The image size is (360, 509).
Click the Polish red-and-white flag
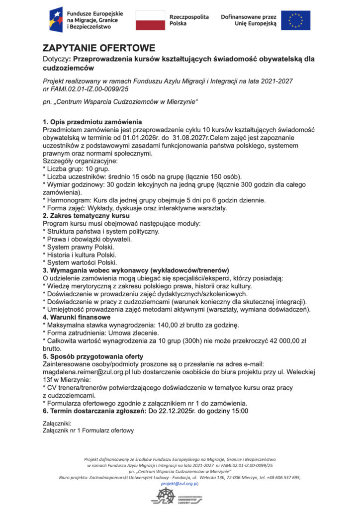point(150,20)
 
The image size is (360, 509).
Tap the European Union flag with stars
point(295,20)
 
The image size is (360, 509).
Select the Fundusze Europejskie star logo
point(56,20)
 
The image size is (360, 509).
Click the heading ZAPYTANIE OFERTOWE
point(99,48)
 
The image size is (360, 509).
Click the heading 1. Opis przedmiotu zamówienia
point(92,122)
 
